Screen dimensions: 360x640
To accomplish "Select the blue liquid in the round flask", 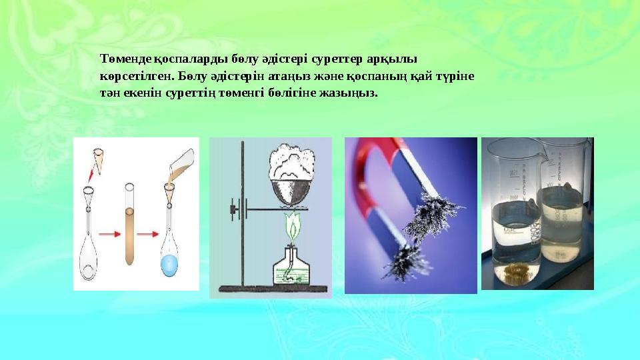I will pyautogui.click(x=170, y=264).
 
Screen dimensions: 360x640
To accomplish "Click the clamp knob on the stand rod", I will pyautogui.click(x=234, y=211).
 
